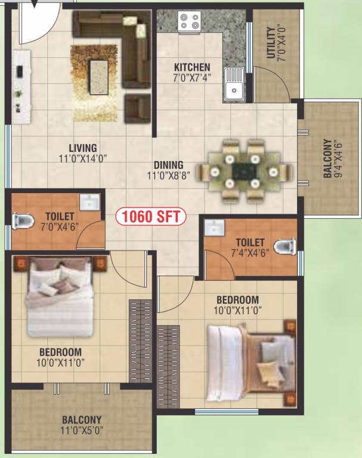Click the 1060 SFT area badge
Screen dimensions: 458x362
coord(151,216)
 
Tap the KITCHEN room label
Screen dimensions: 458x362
coord(192,67)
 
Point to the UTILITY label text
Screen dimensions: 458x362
coord(271,43)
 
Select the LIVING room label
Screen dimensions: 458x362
coord(82,148)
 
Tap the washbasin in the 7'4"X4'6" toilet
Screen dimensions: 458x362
coord(213,227)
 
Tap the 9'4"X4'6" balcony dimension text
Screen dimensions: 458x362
coord(338,159)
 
